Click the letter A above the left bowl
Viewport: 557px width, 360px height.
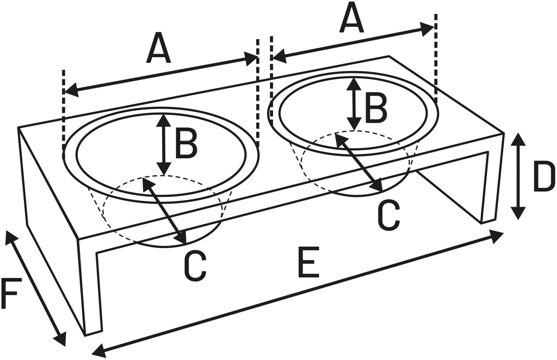point(159,48)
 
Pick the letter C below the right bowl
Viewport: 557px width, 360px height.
point(389,214)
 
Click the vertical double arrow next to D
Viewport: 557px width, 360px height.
point(518,176)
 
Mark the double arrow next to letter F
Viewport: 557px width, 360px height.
point(35,288)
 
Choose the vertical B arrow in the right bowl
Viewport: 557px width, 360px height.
point(354,104)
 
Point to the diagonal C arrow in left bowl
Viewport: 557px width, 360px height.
point(164,211)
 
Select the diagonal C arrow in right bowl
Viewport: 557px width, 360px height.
point(358,162)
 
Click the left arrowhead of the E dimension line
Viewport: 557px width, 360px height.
point(97,350)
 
